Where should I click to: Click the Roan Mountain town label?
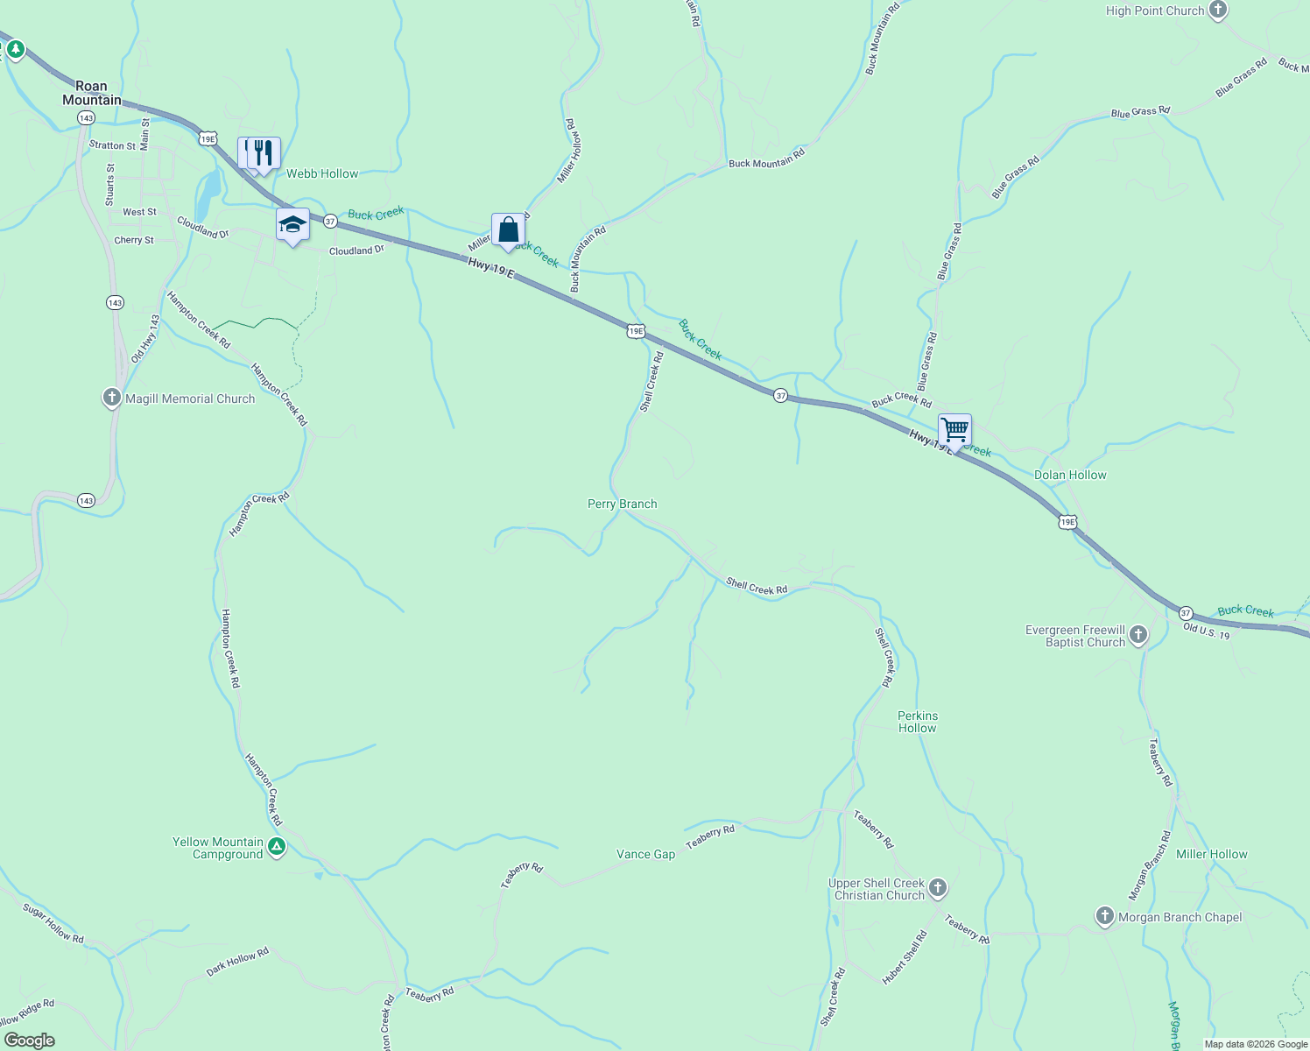coord(92,93)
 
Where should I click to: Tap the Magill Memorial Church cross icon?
coord(112,399)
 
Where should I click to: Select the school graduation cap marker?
coord(292,226)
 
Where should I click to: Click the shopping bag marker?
coord(508,230)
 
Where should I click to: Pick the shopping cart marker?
coord(954,431)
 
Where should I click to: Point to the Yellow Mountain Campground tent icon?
coord(277,847)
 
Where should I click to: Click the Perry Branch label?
coord(622,504)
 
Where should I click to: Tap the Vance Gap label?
coord(645,854)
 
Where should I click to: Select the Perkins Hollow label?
coord(917,722)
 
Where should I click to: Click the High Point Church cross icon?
coord(1217,11)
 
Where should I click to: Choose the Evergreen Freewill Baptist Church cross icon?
coord(1138,635)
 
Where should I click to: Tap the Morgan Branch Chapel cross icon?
coord(1105,916)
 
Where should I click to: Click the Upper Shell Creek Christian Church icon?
coord(938,889)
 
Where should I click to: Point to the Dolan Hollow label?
coord(1070,475)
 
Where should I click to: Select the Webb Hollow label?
coord(322,173)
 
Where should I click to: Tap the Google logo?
coord(30,1040)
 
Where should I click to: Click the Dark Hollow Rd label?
coord(237,962)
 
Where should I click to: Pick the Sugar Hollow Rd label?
coord(53,924)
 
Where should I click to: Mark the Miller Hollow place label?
coord(1211,854)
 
